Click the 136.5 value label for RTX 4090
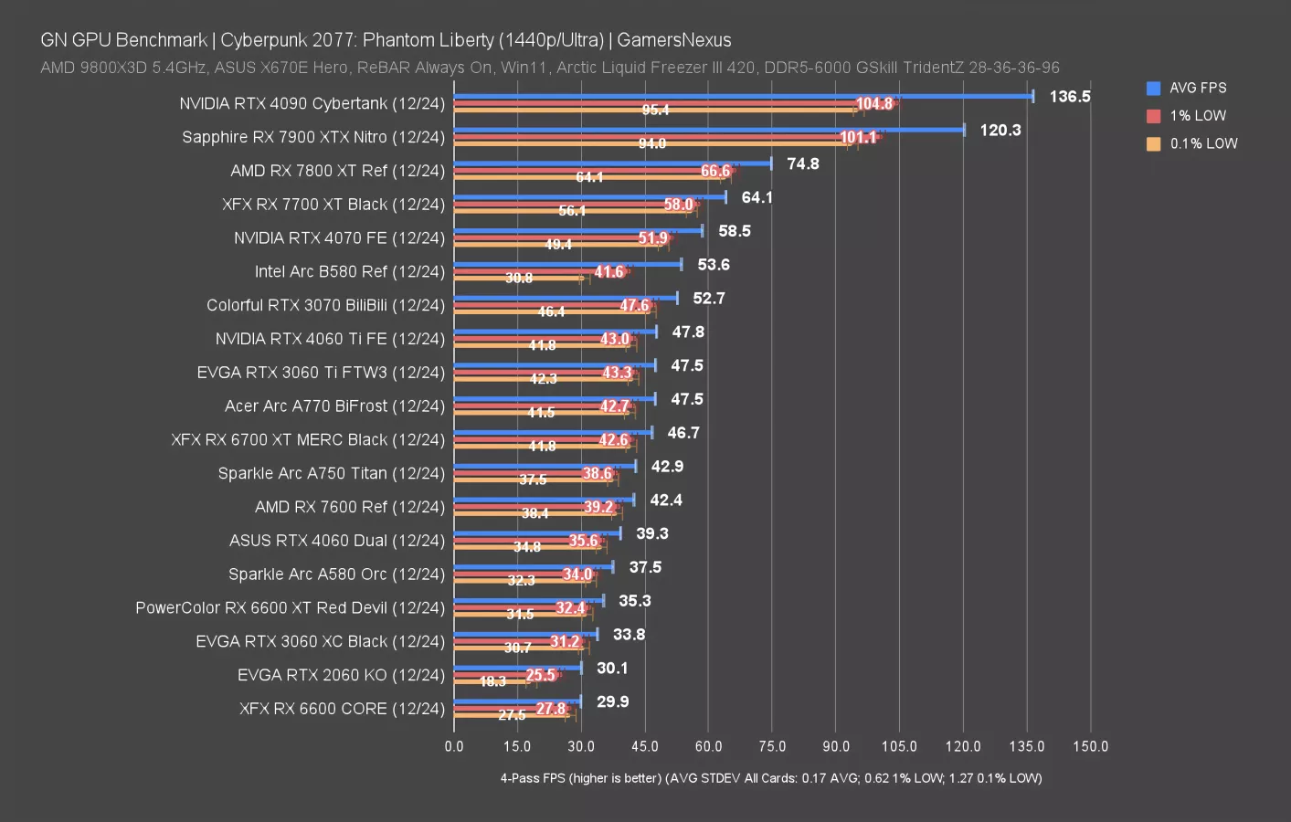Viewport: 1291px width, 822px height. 1069,97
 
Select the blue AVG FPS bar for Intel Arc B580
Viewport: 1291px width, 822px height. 567,264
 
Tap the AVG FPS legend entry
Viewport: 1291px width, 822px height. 1197,88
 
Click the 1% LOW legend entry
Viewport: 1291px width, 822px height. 1197,116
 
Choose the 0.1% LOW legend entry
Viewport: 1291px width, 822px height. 1202,143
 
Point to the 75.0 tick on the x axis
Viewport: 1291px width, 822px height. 772,746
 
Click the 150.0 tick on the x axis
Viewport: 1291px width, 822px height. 1090,746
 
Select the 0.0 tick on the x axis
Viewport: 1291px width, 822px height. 454,746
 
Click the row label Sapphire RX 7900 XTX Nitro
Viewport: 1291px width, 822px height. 312,137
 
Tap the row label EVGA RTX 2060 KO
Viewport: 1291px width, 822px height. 341,675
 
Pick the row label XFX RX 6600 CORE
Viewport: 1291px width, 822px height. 342,709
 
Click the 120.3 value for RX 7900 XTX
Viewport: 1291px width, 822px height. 1000,131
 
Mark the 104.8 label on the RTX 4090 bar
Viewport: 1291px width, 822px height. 873,104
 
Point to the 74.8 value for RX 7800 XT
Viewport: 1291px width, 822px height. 802,164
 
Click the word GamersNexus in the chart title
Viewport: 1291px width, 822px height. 674,40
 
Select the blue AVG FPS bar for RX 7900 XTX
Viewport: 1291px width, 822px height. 709,130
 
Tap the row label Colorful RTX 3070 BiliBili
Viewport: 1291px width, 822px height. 325,305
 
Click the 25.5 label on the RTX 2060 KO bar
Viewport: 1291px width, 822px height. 540,675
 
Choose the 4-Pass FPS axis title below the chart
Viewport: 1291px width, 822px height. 770,778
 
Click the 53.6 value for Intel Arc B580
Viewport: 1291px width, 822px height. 713,265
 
